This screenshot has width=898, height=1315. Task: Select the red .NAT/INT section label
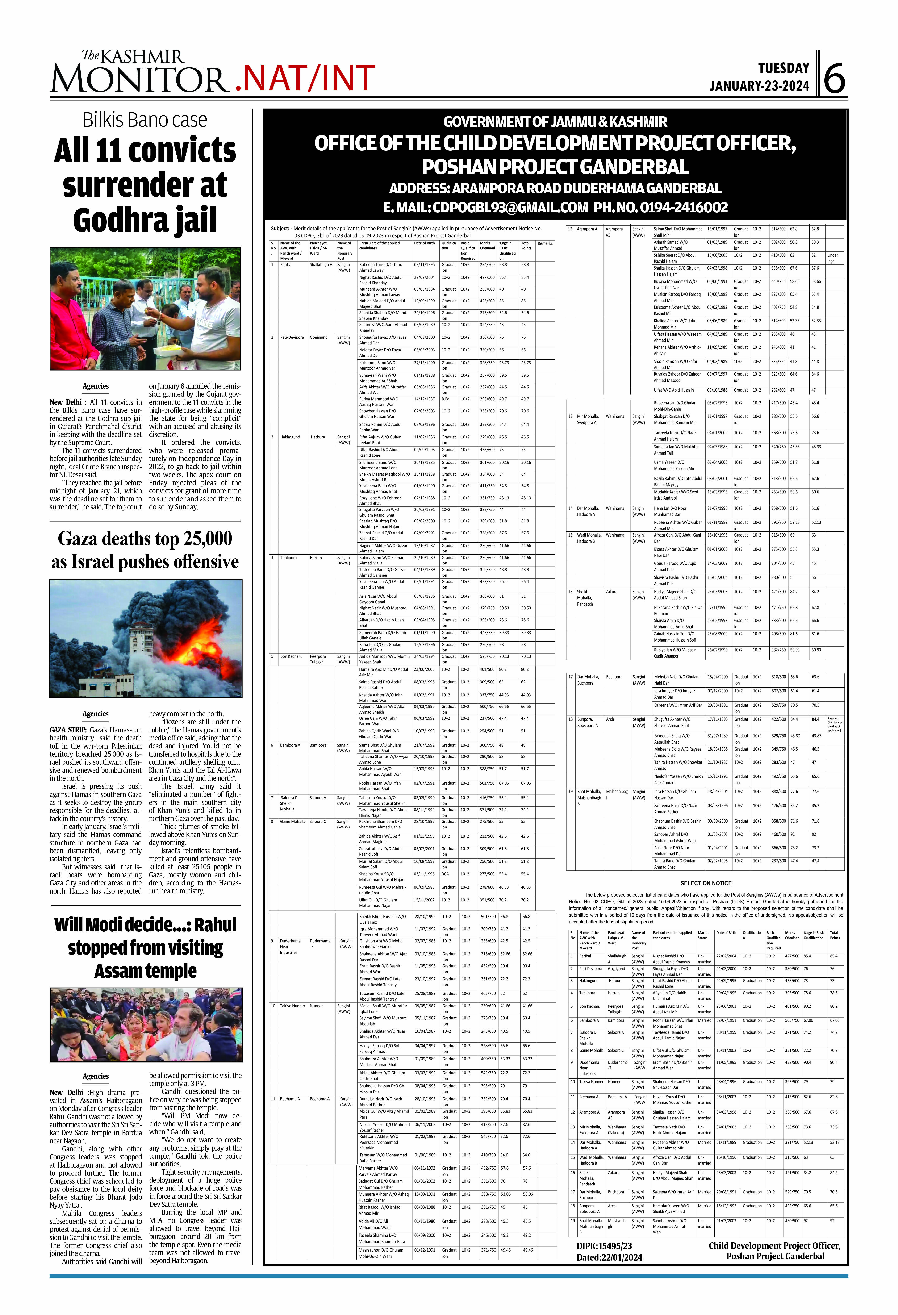coord(304,79)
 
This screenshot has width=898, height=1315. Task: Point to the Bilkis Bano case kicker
coord(145,120)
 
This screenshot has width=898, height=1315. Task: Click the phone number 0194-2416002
coord(684,208)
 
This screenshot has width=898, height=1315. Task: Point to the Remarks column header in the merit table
coord(545,243)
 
